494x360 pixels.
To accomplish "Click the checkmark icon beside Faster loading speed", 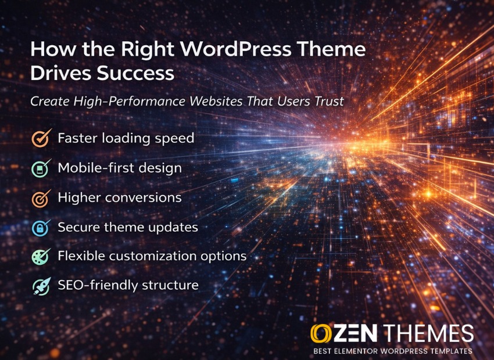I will coord(41,138).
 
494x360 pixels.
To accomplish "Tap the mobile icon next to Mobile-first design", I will coord(41,168).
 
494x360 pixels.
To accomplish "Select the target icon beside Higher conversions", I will coord(41,198).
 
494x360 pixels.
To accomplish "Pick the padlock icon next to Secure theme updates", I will coord(41,228).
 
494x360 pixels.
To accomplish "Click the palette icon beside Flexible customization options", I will coord(41,257).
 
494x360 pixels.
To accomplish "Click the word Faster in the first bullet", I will coord(77,138).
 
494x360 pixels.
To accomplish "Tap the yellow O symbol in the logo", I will coord(321,333).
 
